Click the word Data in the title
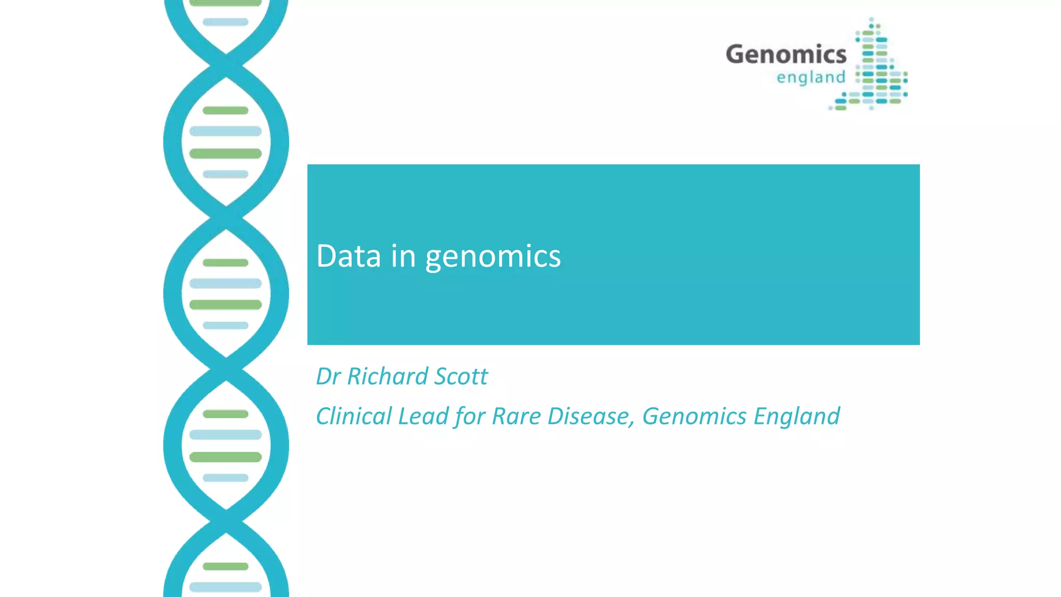pyautogui.click(x=348, y=256)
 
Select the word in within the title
pyautogui.click(x=403, y=256)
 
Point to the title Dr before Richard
pyautogui.click(x=328, y=376)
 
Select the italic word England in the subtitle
pyautogui.click(x=796, y=416)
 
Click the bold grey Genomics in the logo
pyautogui.click(x=786, y=54)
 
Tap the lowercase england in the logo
pyautogui.click(x=811, y=77)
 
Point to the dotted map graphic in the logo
pyautogui.click(x=878, y=67)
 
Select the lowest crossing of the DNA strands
pyautogui.click(x=226, y=516)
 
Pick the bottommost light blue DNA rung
pyautogui.click(x=225, y=587)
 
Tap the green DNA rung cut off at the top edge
pyautogui.click(x=225, y=3)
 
